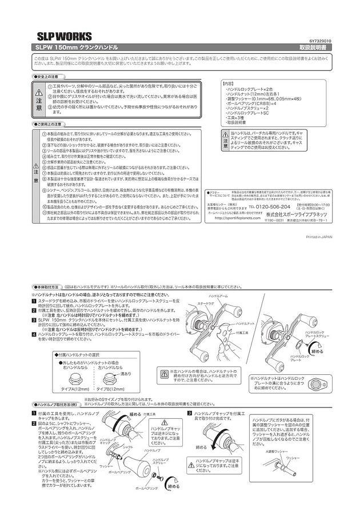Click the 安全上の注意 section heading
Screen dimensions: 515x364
tap(47, 76)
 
